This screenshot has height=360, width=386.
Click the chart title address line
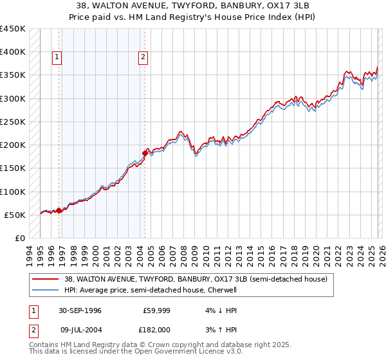point(193,5)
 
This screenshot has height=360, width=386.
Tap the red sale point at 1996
point(59,210)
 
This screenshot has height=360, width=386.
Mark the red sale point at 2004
point(145,153)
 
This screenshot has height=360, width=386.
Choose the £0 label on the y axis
point(19,239)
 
